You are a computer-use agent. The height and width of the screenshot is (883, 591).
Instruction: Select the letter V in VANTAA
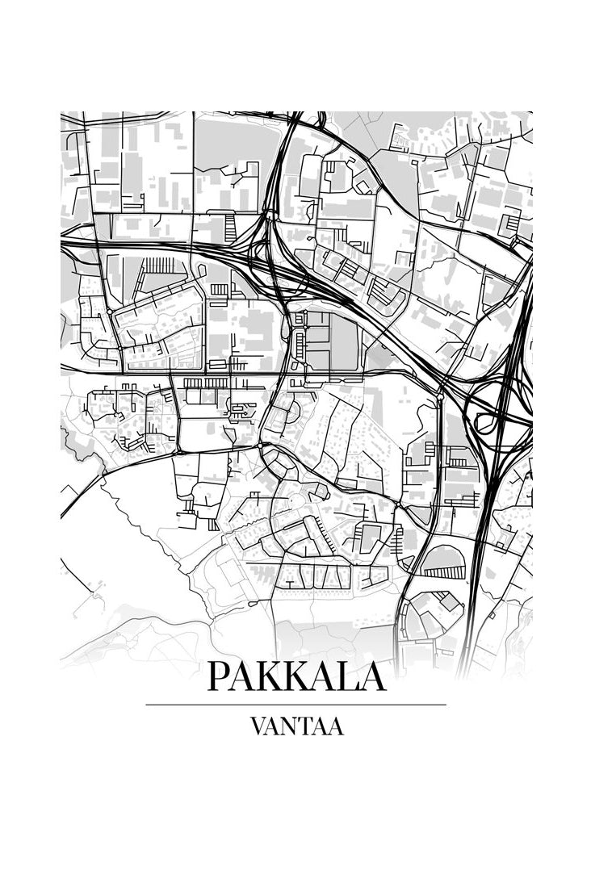point(257,726)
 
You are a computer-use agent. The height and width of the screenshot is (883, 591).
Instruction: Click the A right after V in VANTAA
point(271,726)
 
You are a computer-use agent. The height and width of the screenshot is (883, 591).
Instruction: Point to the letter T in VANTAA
point(304,726)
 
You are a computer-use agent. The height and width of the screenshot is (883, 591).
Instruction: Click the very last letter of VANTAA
point(335,726)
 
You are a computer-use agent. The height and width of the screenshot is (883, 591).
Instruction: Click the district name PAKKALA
point(296,676)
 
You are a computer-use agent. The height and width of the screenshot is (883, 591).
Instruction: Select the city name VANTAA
point(296,726)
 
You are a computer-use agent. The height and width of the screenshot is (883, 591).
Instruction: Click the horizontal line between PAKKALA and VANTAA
point(295,705)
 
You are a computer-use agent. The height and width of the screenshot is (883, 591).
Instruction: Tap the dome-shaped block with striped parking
point(444,563)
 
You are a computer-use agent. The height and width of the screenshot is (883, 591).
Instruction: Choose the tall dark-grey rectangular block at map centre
point(344,342)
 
